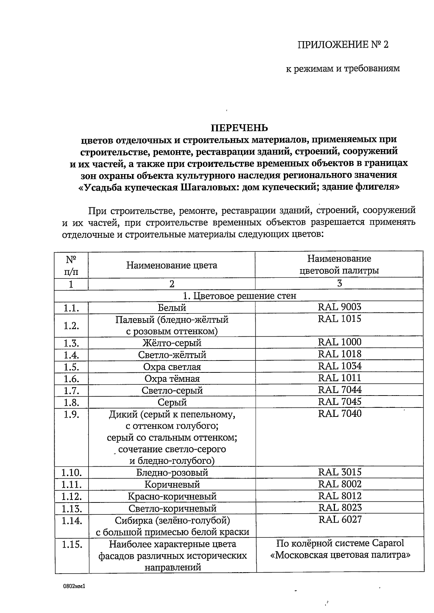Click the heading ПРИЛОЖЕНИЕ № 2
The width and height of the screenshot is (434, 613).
point(342,45)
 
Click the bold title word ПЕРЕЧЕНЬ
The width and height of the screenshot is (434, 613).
point(239,128)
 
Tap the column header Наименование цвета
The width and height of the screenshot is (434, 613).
point(172,266)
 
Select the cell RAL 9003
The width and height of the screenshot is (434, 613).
point(340,307)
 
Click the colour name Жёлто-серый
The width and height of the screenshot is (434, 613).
point(172,343)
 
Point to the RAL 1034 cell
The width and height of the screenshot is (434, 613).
point(340,366)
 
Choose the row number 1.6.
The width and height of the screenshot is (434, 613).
point(71,379)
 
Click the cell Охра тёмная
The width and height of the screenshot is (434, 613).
point(172,379)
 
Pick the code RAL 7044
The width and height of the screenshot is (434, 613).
point(340,390)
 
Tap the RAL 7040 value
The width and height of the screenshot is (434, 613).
point(340,414)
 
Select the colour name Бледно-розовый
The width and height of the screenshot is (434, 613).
point(172,472)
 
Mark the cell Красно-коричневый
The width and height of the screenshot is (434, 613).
point(172,496)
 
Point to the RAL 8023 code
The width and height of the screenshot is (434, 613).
point(340,508)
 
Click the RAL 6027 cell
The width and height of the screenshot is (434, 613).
point(340,520)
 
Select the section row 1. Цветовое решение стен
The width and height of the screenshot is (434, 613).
point(239,296)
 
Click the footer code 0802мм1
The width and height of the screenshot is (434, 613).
point(74,587)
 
